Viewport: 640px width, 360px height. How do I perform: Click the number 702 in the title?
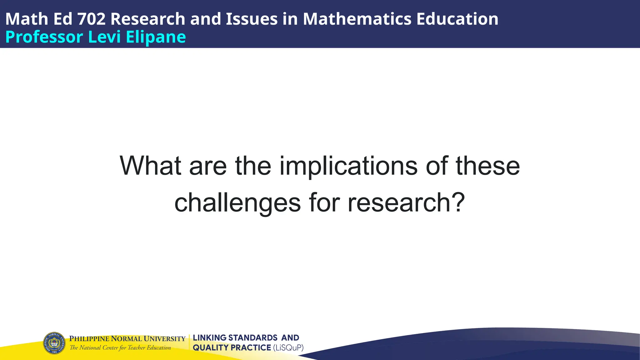coord(91,19)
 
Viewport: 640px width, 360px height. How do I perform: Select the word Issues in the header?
coord(252,19)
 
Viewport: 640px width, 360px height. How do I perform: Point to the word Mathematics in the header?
coord(357,19)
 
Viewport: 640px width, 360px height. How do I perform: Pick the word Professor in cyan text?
coord(44,37)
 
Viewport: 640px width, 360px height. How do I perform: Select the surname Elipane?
coord(156,37)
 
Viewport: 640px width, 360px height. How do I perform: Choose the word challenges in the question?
coord(237,203)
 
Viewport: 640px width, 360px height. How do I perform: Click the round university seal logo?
coord(54,343)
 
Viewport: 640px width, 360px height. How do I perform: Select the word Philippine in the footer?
coord(89,339)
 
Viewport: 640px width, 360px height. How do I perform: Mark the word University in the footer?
coord(165,339)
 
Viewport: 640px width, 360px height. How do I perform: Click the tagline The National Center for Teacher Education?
coord(120,348)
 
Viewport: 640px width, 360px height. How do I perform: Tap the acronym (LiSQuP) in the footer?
coord(288,348)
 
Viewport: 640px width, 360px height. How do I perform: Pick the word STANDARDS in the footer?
coord(253,338)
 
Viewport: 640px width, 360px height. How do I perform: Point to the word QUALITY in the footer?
coord(211,348)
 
